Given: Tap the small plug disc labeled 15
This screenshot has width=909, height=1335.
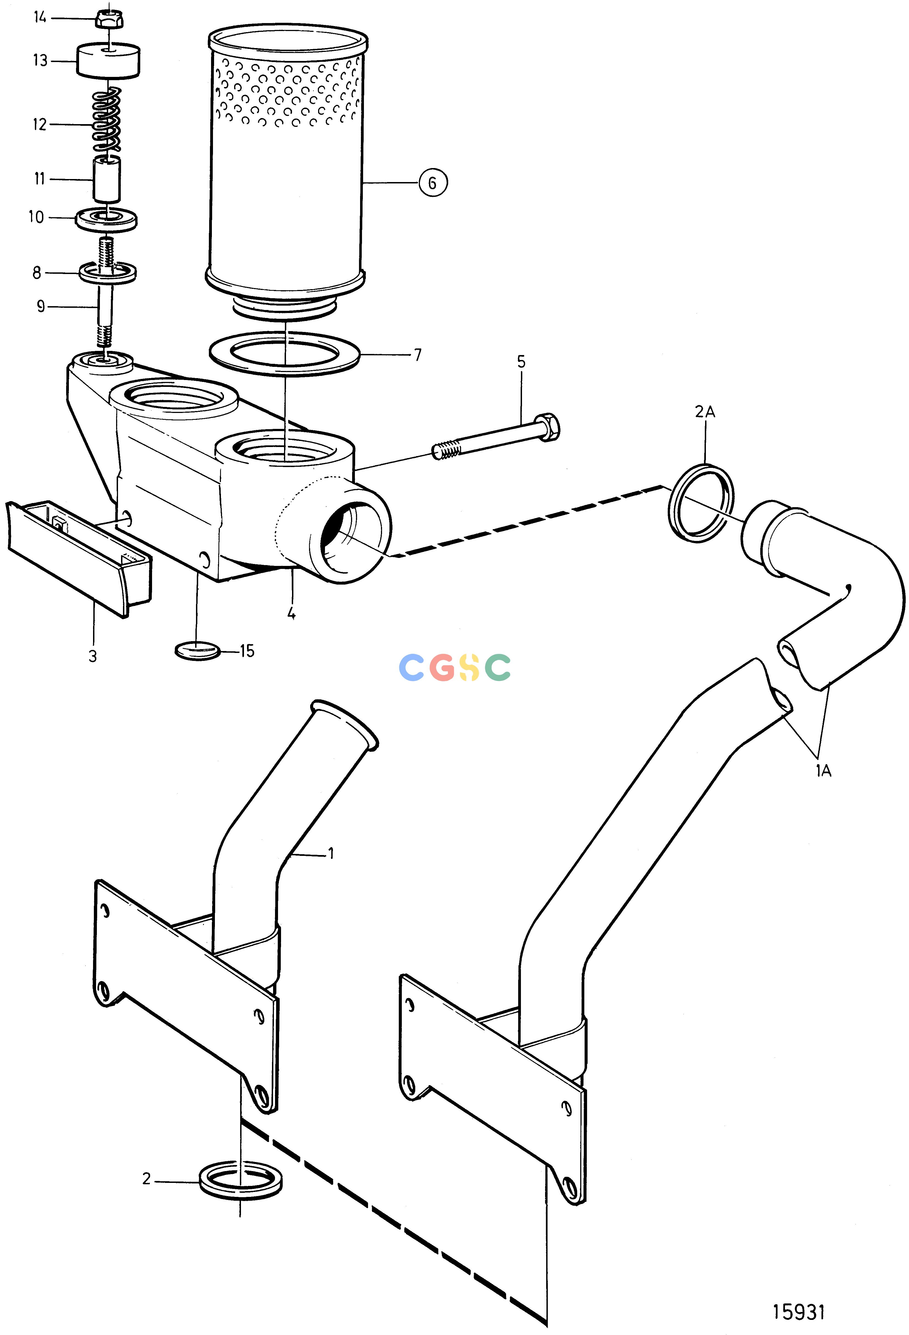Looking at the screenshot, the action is [197, 651].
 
